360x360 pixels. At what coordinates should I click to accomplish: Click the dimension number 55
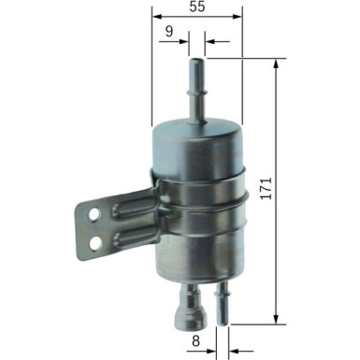194,8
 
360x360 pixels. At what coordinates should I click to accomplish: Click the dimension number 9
168,31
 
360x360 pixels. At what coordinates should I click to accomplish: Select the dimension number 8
194,343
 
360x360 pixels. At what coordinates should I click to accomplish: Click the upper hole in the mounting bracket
94,215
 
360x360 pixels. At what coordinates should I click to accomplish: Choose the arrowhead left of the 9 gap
183,42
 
